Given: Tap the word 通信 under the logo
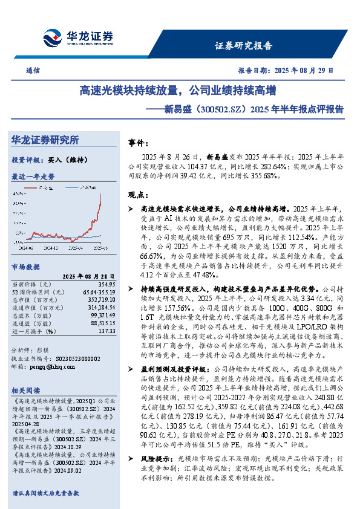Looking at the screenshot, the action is click(x=33, y=70).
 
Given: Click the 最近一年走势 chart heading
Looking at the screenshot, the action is click(x=33, y=177).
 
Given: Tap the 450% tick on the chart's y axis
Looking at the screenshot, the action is click(x=17, y=192).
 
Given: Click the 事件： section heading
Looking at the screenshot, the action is click(x=139, y=143).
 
